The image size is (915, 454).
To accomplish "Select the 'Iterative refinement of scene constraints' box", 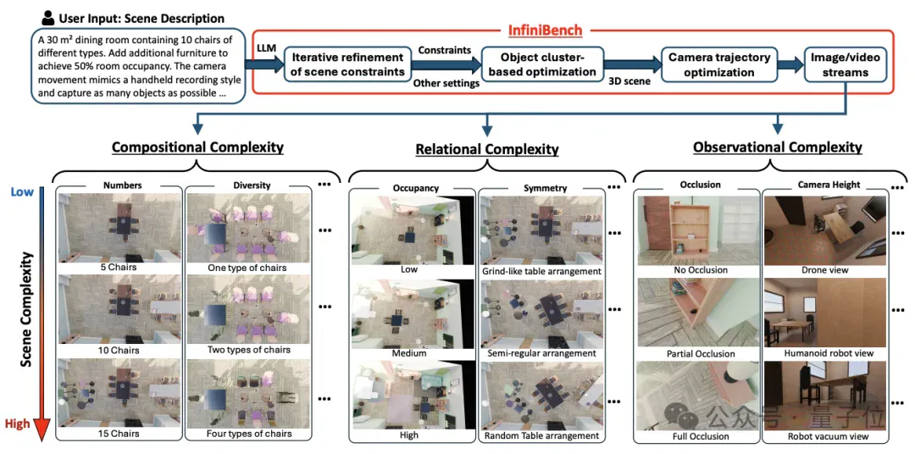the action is pos(347,64).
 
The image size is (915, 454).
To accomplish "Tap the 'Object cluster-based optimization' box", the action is pos(542,64).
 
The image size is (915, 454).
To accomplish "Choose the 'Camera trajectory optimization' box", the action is pos(719,64).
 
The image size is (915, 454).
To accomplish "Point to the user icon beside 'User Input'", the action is pos(48,18).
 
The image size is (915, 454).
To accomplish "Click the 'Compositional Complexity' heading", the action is pos(197,147).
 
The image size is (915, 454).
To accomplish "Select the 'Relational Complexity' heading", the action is pos(486,149).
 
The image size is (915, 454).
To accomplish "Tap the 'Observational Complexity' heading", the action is pos(777,147).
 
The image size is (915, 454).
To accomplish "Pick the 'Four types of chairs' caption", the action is pos(249,435).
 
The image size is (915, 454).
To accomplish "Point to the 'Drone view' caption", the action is pos(825,270).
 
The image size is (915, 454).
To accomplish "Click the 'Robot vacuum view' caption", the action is pos(826,436).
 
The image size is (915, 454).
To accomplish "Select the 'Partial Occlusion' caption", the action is pos(701,354).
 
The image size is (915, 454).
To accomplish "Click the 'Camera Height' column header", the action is pos(829,185).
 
